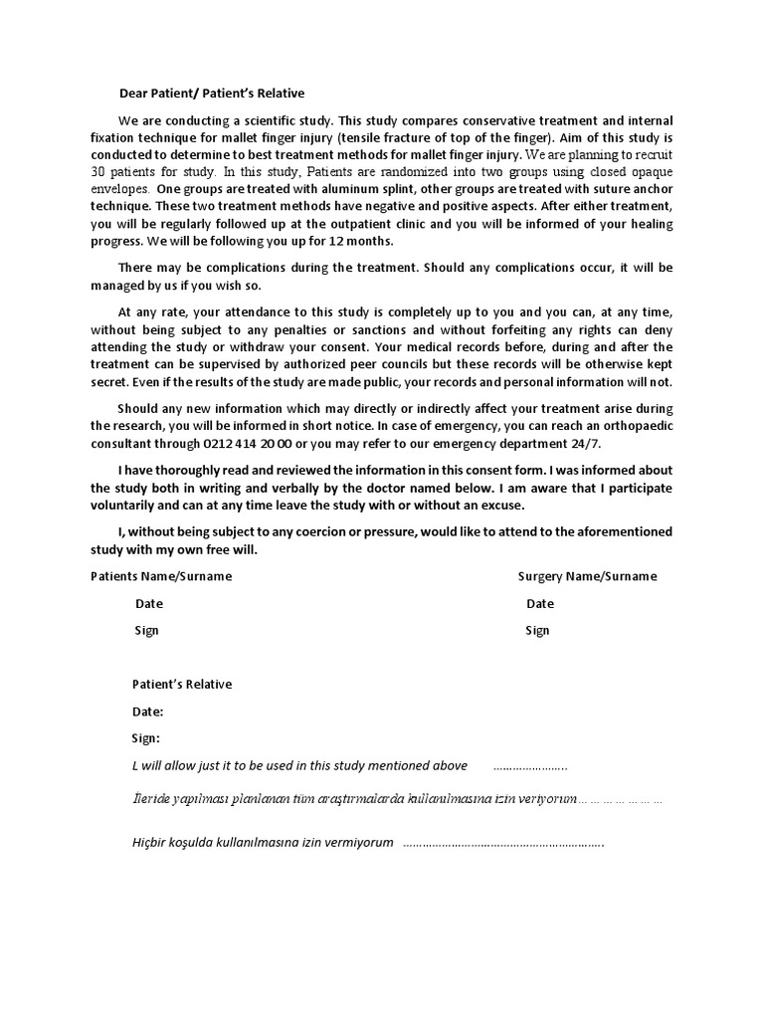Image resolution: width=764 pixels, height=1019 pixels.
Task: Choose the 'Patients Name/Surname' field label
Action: pyautogui.click(x=161, y=576)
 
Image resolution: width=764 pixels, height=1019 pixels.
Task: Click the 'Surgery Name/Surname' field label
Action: pyautogui.click(x=587, y=576)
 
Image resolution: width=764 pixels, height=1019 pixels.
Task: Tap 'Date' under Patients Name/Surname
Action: pyautogui.click(x=149, y=603)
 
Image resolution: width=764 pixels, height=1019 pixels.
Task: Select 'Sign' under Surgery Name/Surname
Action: pyautogui.click(x=537, y=630)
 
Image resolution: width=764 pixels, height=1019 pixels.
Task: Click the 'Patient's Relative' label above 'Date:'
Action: pyautogui.click(x=182, y=684)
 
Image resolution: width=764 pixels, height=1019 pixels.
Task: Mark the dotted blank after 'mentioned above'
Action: pyautogui.click(x=530, y=766)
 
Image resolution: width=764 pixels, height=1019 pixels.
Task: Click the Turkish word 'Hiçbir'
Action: pyautogui.click(x=152, y=842)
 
